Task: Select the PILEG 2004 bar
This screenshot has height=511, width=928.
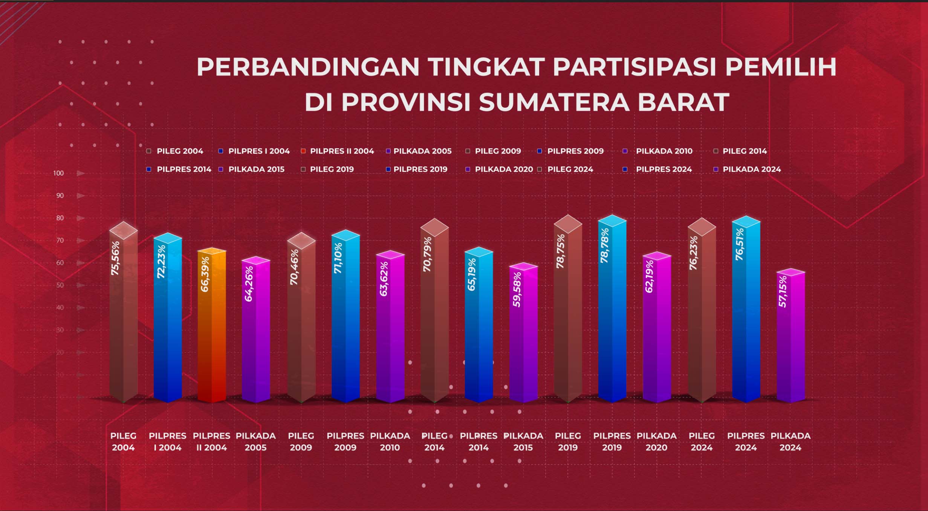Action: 124,312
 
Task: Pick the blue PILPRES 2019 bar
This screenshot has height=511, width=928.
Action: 612,308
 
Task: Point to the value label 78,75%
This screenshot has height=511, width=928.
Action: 561,251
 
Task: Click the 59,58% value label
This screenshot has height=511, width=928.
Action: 517,289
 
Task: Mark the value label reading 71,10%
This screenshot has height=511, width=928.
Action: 338,258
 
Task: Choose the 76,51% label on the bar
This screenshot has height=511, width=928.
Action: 740,244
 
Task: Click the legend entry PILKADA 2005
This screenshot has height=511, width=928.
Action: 419,151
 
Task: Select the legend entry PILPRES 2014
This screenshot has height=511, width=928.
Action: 179,169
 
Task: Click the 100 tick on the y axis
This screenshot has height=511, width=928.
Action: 58,173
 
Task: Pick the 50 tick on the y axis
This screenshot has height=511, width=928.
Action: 60,285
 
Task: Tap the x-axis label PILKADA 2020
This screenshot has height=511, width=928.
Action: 656,442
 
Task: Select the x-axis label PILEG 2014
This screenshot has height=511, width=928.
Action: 434,442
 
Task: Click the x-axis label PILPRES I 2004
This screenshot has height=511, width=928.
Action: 168,442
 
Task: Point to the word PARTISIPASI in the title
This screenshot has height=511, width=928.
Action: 634,67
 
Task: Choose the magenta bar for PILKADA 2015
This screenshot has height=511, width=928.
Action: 524,333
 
